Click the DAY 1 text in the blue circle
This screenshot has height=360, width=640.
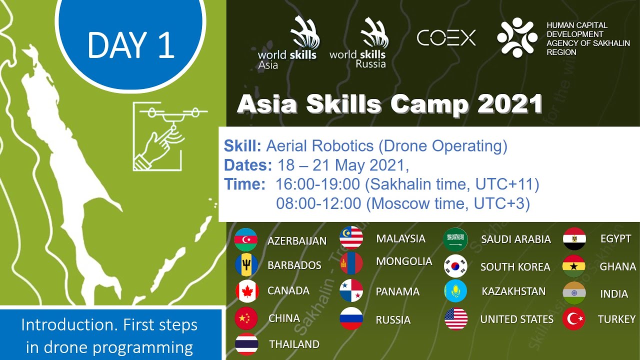click(131, 45)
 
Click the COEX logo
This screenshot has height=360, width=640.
click(446, 38)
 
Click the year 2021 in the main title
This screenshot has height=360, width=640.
click(510, 104)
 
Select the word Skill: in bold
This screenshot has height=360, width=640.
click(242, 146)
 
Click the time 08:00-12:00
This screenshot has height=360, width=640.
click(318, 203)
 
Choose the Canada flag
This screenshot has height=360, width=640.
click(247, 291)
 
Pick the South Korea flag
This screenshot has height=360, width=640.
click(455, 266)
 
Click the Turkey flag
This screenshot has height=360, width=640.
click(574, 319)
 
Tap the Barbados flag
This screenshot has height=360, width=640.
click(247, 265)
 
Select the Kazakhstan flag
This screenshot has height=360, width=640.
click(455, 291)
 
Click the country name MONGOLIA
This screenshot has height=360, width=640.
click(404, 261)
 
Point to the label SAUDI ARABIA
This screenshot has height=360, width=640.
click(516, 239)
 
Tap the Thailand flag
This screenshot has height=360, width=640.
click(247, 344)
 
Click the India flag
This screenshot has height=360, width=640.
click(574, 293)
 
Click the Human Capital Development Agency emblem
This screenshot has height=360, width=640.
click(517, 37)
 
